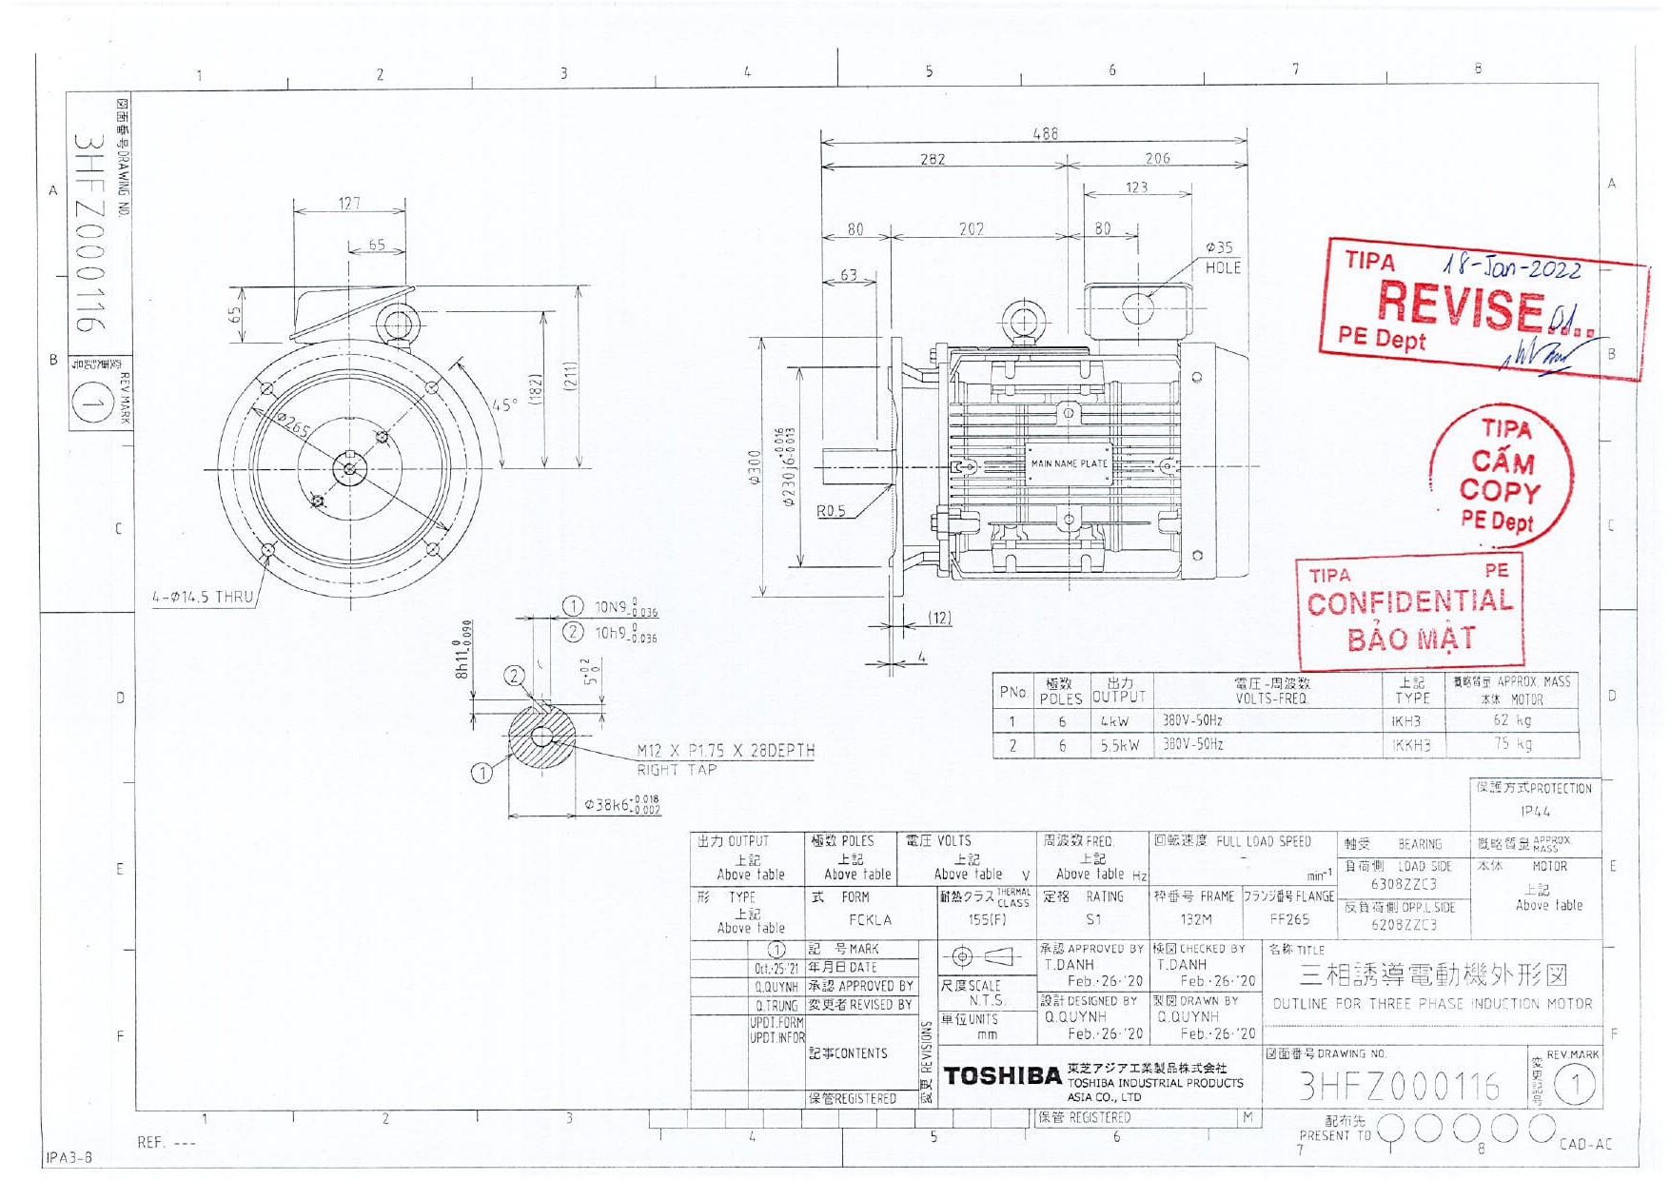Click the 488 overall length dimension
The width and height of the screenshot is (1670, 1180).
(1045, 134)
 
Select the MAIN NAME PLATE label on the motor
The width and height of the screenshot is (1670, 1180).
(1069, 463)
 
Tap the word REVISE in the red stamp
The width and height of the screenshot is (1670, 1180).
(1460, 305)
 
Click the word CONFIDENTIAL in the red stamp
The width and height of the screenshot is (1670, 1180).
(1409, 602)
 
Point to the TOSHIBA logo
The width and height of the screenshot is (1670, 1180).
(1002, 1076)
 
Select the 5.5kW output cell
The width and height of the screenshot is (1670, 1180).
(1119, 745)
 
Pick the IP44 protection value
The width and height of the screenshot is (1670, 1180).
(1535, 812)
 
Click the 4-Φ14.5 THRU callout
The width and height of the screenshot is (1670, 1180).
(203, 598)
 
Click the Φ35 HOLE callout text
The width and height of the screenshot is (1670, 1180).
(1222, 257)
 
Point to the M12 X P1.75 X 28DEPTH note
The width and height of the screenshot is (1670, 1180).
(725, 750)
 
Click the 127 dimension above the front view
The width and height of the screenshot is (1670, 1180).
(349, 203)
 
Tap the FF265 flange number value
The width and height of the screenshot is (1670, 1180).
(1289, 919)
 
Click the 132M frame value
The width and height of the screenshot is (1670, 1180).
(1196, 919)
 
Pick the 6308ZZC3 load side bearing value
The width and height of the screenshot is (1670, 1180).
(1404, 884)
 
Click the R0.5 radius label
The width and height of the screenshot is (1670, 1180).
(831, 511)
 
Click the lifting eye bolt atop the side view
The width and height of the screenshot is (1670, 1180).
(1023, 320)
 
